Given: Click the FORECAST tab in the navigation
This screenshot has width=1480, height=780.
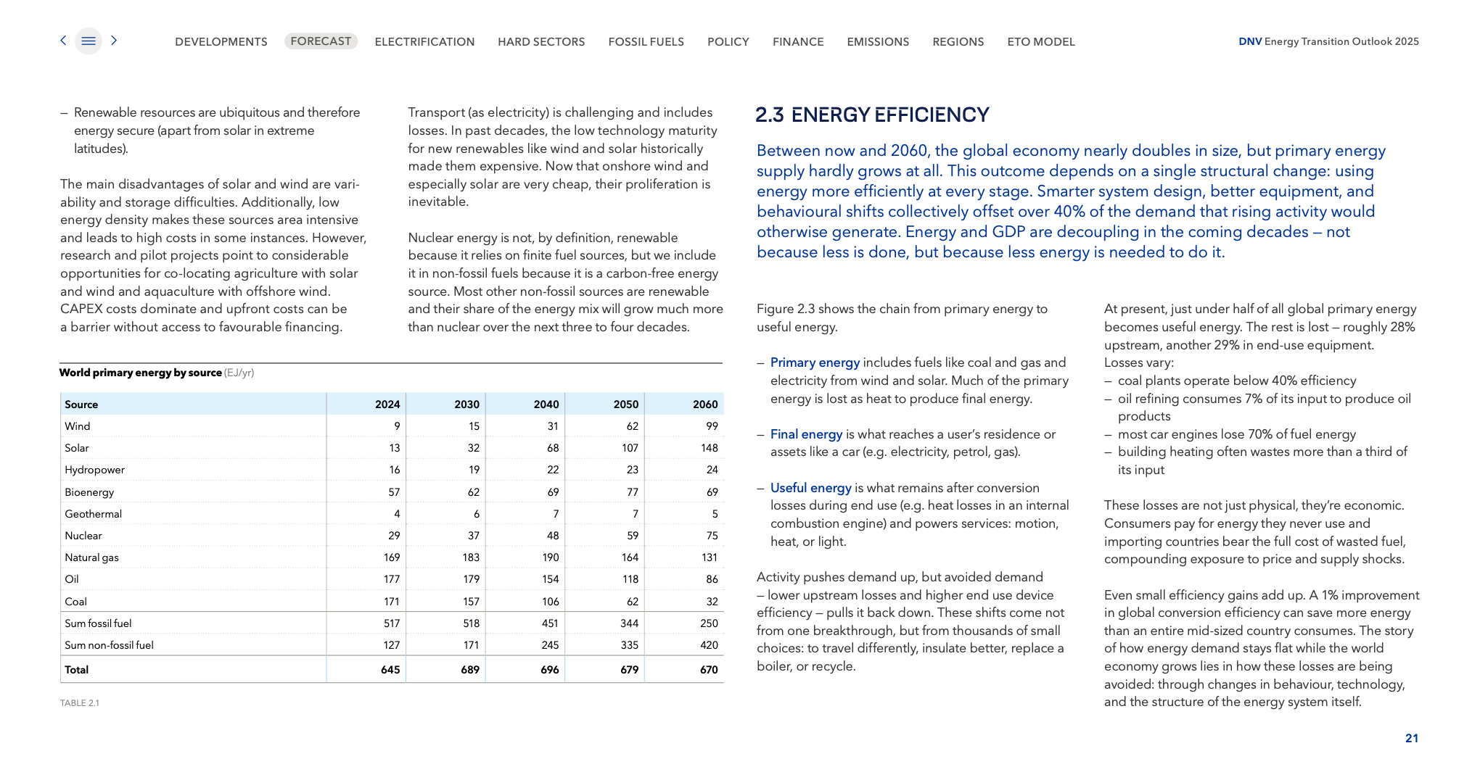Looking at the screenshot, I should point(321,41).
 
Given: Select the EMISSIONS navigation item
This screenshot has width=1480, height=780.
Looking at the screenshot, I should point(878,42).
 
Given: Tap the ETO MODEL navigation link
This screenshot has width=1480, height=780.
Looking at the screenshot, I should point(1041,42).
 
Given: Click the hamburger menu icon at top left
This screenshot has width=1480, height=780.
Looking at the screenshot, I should point(89,41).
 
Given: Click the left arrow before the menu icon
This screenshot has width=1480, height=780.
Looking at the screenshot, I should point(64,41).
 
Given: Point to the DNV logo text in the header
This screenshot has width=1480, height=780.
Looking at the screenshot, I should point(1250,41).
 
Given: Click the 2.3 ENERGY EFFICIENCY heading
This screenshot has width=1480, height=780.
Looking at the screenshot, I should point(872,115).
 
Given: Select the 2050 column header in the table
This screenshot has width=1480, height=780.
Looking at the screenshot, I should point(625,404).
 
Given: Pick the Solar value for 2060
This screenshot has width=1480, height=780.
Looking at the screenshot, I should point(709,448).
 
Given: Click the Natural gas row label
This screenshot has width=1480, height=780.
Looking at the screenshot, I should point(91,557).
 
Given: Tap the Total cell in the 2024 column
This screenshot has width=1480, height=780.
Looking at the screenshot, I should point(390,670).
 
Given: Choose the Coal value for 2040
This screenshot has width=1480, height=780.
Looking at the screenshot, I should point(550,602).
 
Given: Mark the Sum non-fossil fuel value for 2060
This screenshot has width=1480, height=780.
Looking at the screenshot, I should point(708,645).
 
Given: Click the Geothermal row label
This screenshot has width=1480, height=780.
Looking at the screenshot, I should point(93,514).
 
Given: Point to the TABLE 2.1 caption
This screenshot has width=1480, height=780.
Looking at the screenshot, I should point(80,703).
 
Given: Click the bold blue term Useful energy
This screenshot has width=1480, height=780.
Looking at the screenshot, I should point(810,488).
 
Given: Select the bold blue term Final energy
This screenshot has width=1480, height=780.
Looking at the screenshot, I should point(806,434).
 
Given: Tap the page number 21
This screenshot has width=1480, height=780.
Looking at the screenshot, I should point(1411,738).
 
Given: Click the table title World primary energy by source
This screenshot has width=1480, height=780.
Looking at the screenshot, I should point(141,373).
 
